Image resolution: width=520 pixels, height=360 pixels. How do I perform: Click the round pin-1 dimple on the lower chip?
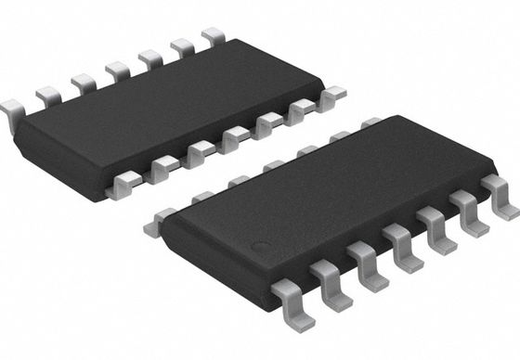coord(263,249)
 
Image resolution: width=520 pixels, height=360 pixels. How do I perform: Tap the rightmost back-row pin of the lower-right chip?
coord(371,122)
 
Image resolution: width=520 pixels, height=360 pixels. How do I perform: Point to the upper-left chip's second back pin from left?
coord(48,96)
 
